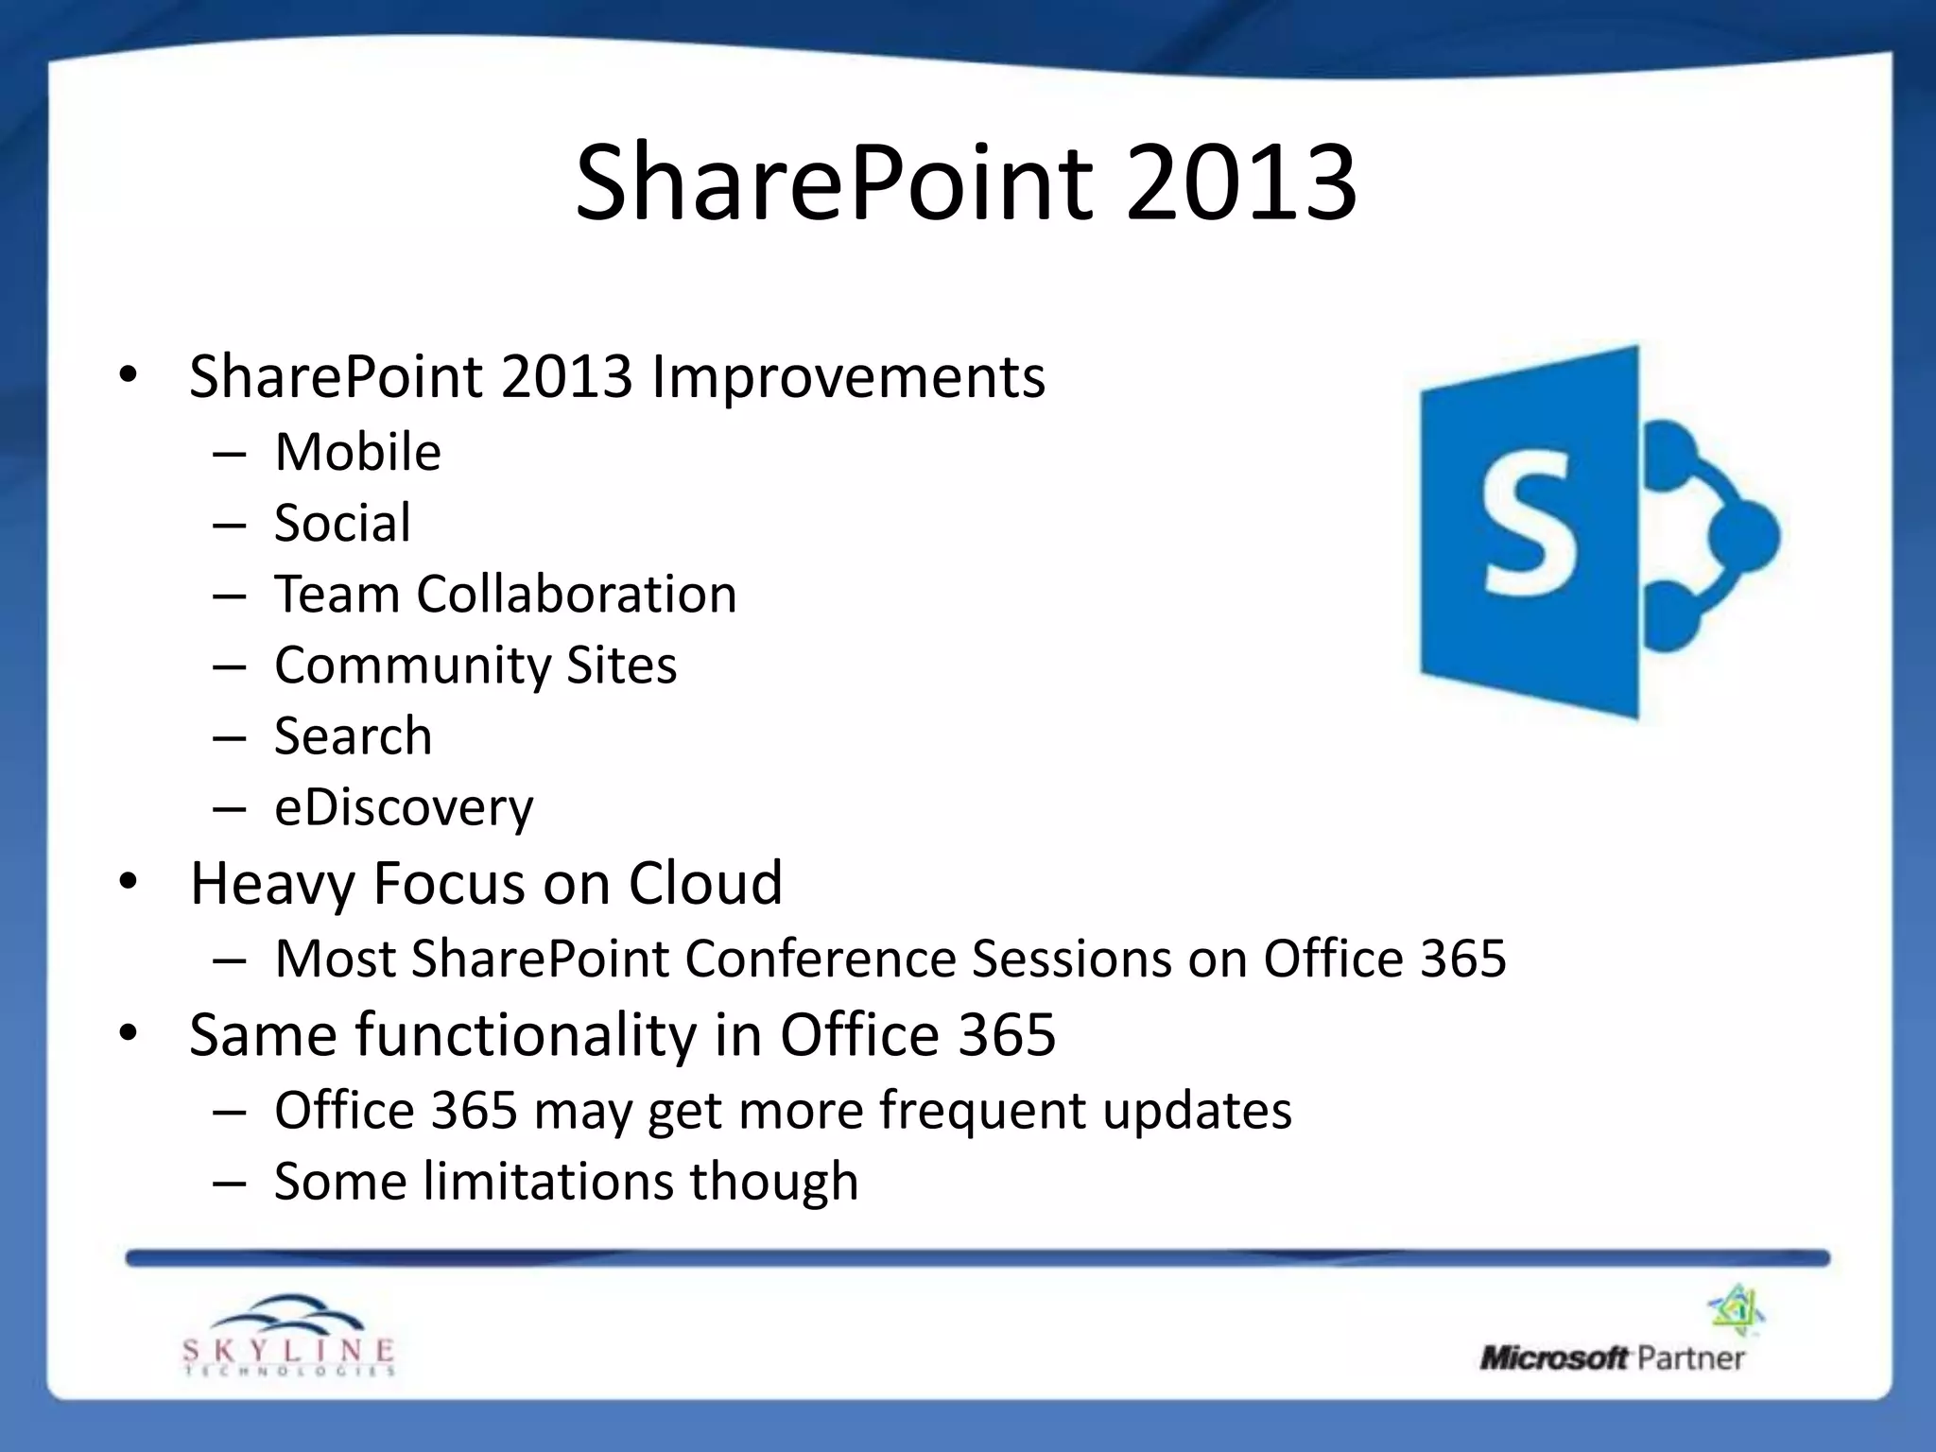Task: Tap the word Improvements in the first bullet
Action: coord(848,377)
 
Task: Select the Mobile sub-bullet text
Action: coord(357,452)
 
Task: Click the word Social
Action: coord(342,523)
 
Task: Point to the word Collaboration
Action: coord(576,594)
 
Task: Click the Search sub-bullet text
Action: coord(353,735)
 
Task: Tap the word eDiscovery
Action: coord(404,807)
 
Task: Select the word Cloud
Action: coord(705,883)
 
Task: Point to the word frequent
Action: coord(982,1110)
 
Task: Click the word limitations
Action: coord(547,1182)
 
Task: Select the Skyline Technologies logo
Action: coord(288,1335)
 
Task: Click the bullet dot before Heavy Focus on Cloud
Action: coord(129,883)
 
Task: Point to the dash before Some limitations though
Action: coord(230,1182)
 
